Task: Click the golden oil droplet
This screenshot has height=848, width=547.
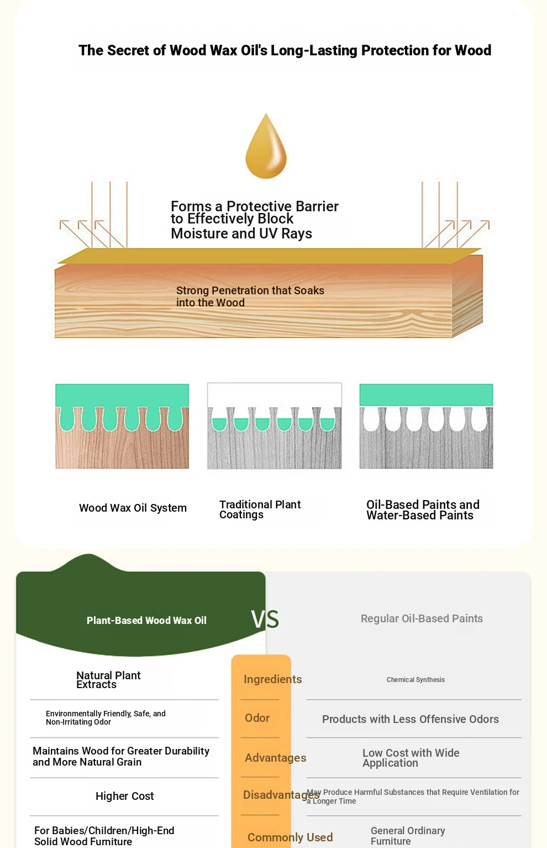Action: point(266,147)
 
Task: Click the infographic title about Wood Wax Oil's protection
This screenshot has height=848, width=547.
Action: point(285,50)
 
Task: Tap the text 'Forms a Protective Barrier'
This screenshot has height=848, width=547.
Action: point(254,206)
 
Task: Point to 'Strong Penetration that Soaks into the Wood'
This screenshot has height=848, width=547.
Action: point(250,296)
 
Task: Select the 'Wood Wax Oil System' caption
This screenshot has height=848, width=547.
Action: point(133,508)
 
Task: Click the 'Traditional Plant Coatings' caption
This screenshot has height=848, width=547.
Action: point(260,509)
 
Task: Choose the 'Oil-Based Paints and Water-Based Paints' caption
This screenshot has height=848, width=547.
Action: point(423,509)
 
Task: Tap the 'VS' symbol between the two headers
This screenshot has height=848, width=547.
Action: point(265,620)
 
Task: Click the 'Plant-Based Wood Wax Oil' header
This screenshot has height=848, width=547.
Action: point(146,621)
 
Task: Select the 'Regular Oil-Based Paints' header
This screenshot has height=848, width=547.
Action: point(422,618)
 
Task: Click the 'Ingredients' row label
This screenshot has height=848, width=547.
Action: point(272,679)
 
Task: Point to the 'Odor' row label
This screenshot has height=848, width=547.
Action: point(257,718)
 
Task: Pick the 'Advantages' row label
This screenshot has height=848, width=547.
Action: point(275,757)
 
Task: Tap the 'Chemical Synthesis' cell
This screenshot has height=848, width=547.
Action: point(415,679)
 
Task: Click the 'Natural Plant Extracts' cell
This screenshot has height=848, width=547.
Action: point(108,680)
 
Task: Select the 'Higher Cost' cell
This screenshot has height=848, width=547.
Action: point(124,796)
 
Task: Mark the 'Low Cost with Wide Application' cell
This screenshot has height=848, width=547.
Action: point(411,757)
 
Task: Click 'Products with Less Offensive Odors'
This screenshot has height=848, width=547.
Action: point(410,719)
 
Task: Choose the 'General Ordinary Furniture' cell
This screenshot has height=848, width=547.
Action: point(408,835)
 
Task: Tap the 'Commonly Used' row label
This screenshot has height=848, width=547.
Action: point(290,837)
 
